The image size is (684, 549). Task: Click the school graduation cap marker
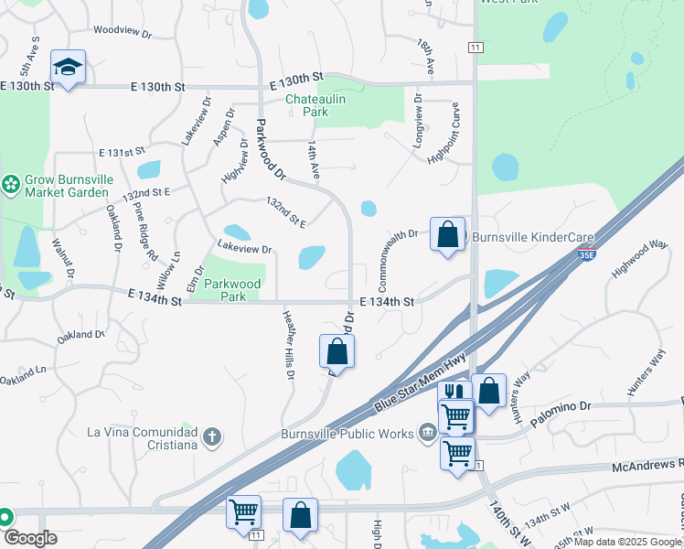tap(68, 67)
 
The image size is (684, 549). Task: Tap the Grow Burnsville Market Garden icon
tap(11, 186)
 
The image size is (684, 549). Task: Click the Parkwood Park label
tap(233, 290)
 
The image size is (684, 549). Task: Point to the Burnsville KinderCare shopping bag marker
tap(448, 235)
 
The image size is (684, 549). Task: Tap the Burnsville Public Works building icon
tap(427, 432)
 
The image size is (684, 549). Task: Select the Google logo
tap(30, 538)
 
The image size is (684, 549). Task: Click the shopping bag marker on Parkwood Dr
tap(337, 351)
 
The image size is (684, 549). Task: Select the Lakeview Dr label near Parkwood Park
tap(244, 249)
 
